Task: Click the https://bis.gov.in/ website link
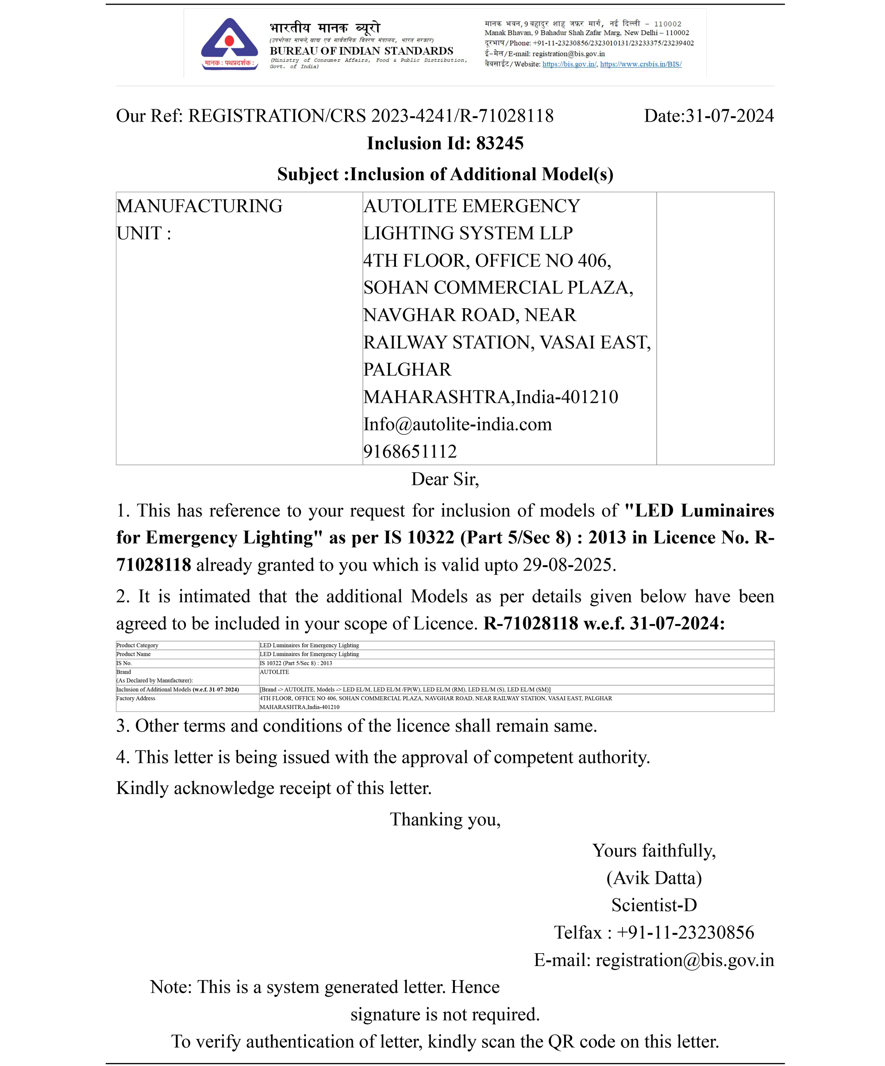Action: point(569,65)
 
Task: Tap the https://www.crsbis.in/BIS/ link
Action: point(641,65)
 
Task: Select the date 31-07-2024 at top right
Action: point(729,116)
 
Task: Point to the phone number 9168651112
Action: point(410,451)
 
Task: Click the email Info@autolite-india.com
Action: point(458,424)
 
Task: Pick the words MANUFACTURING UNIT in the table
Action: point(199,219)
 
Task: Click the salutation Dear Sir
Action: point(445,479)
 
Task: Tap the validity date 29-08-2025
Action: point(568,565)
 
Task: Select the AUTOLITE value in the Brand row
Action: point(274,672)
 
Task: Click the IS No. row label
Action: point(124,663)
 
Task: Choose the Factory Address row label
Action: point(135,698)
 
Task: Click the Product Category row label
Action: point(137,646)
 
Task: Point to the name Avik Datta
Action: point(654,878)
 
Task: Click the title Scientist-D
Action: point(654,905)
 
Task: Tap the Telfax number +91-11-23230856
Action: point(685,932)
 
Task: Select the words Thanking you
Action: point(445,820)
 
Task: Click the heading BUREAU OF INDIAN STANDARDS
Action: point(361,51)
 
